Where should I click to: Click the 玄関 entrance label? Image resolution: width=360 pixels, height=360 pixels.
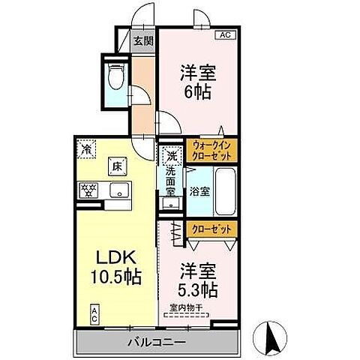click(x=143, y=42)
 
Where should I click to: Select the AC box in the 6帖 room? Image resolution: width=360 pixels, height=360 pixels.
click(x=224, y=34)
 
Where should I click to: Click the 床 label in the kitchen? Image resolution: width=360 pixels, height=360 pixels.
click(x=117, y=166)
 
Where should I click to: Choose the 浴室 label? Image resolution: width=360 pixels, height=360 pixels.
click(x=200, y=191)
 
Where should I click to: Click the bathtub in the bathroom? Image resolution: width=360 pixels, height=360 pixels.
click(x=226, y=190)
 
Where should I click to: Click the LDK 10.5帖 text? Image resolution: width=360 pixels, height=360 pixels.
click(x=114, y=265)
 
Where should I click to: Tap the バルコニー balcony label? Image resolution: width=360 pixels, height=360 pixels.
click(x=157, y=343)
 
